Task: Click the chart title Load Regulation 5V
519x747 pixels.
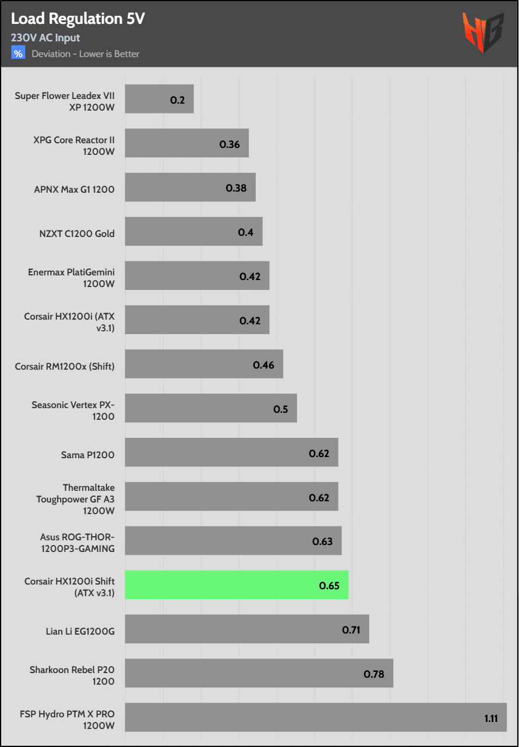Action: tap(77, 19)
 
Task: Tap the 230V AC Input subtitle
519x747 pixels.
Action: tap(45, 38)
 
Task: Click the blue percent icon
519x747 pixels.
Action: tap(18, 54)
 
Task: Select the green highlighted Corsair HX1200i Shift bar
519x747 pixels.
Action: tap(236, 585)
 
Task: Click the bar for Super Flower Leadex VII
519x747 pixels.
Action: tap(159, 100)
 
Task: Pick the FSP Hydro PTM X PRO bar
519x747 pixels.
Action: tap(315, 717)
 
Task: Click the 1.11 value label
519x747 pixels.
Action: tap(491, 718)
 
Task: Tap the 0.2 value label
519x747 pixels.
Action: tap(178, 100)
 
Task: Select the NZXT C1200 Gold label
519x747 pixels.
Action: tap(77, 233)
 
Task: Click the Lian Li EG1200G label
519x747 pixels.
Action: tap(80, 631)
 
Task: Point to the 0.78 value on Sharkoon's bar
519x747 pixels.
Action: tap(374, 674)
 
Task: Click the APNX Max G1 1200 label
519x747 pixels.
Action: tap(75, 189)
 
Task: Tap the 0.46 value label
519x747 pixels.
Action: tap(263, 365)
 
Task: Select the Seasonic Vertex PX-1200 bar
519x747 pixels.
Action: tap(211, 408)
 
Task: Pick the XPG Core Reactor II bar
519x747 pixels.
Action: tap(186, 143)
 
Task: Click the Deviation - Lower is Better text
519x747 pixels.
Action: tap(86, 54)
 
